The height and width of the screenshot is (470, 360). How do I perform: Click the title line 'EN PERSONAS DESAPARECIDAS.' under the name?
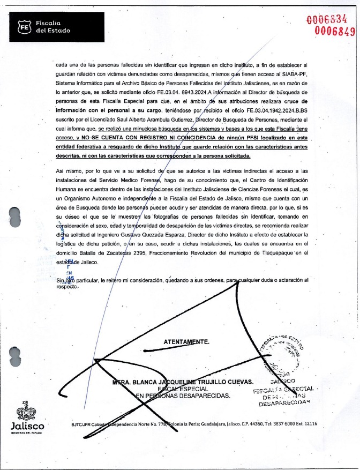183,396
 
